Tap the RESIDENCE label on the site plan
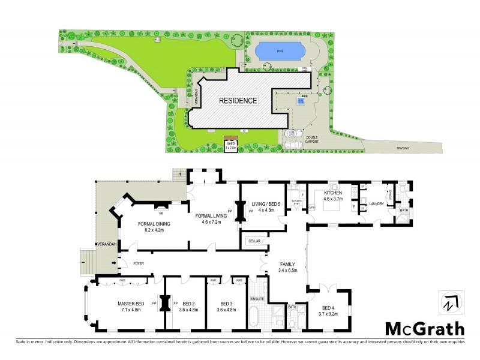pyautogui.click(x=238, y=100)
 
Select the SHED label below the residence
pyautogui.click(x=231, y=144)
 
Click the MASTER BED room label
pyautogui.click(x=130, y=303)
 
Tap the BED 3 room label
pyautogui.click(x=226, y=303)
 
